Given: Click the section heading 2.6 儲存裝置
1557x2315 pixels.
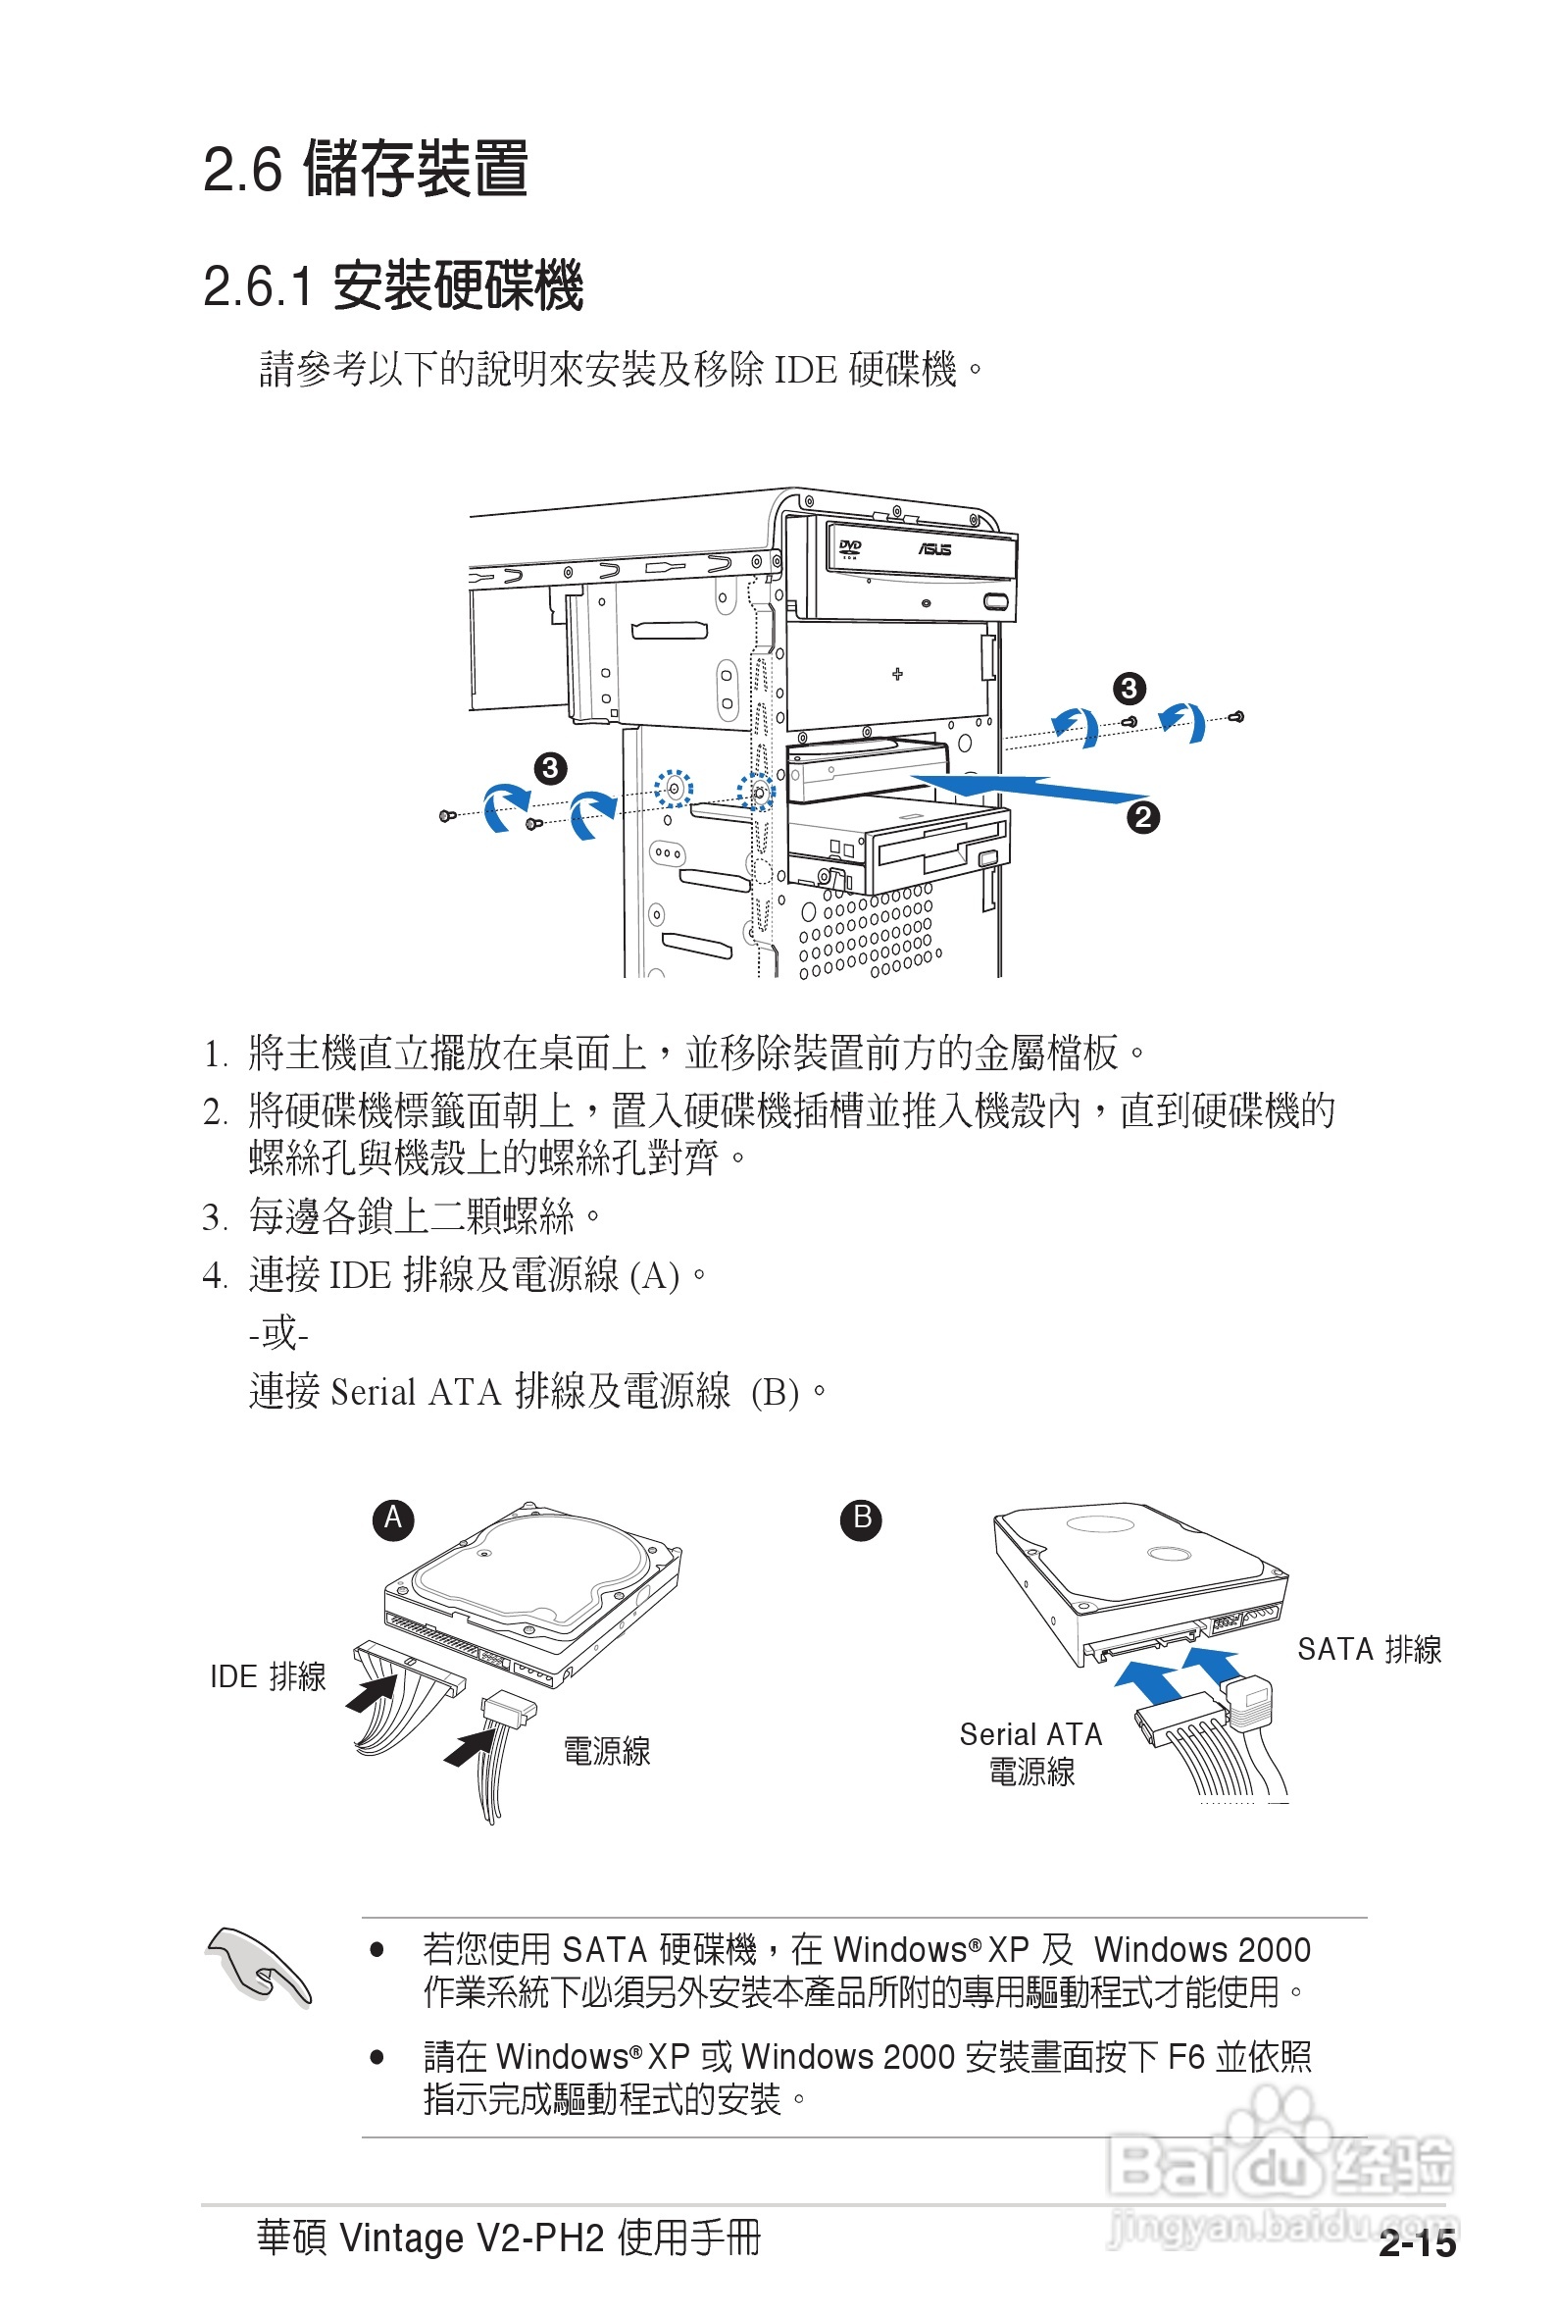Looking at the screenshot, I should click(x=365, y=168).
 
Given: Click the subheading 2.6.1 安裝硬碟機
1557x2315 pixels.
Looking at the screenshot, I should click(x=392, y=286).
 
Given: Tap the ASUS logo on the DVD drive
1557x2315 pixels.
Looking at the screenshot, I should click(x=933, y=549).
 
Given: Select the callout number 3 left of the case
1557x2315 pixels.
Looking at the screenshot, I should click(x=549, y=768).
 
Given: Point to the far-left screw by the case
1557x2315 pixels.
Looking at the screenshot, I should click(x=447, y=815).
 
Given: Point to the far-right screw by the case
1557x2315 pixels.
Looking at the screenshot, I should click(x=1236, y=716).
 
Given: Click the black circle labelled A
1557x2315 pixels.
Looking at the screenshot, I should click(x=393, y=1519).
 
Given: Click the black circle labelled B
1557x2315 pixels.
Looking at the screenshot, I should click(x=861, y=1519).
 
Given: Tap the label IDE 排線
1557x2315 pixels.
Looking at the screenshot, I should click(x=267, y=1676).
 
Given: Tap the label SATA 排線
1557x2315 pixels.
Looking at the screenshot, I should click(x=1369, y=1649).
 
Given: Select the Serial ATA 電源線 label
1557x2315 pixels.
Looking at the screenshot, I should click(x=1030, y=1753).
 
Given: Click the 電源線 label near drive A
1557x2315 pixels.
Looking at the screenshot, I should click(x=607, y=1751).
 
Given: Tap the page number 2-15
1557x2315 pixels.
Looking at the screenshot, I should click(x=1416, y=2242).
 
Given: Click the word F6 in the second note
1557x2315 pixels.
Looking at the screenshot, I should click(x=1186, y=2056).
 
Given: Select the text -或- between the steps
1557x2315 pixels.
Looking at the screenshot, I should click(x=279, y=1333).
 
